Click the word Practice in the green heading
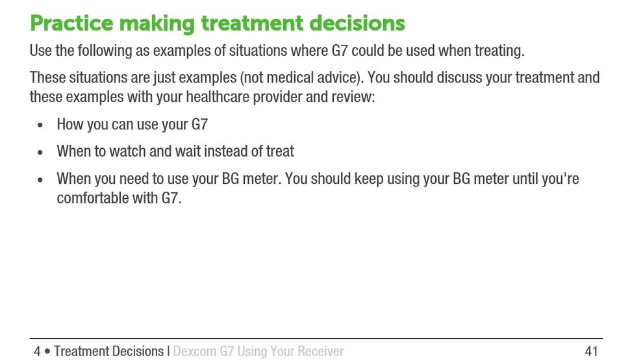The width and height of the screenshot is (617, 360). point(71,23)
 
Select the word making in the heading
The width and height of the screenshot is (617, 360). point(157,23)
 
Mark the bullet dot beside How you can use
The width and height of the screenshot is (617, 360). point(40,125)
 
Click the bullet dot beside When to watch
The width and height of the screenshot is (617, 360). point(40,152)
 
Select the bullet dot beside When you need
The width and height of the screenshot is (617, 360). point(40,179)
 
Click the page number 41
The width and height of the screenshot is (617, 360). point(592,351)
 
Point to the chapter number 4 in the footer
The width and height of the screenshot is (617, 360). point(37,351)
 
